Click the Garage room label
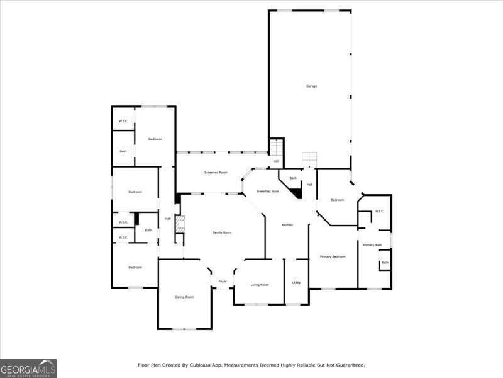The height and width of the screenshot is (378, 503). [x=311, y=86]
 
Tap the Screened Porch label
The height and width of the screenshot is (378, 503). [x=216, y=172]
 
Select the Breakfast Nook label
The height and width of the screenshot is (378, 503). [x=267, y=191]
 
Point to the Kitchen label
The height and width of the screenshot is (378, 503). [x=287, y=225]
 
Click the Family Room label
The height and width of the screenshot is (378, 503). [x=222, y=232]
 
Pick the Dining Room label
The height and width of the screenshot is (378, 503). [x=184, y=297]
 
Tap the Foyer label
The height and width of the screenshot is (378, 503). [x=223, y=281]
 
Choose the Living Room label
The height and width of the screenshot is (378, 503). [x=260, y=285]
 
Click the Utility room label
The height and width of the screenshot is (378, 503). [x=296, y=282]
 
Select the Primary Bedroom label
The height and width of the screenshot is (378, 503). [x=333, y=256]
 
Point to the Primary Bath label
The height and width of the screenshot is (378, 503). [x=372, y=244]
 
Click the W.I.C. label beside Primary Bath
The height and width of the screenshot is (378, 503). [x=379, y=211]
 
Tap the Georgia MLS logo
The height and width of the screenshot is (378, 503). [x=28, y=368]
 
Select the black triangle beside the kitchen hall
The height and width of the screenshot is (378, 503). [x=297, y=193]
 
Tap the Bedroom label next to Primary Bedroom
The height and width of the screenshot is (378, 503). [x=338, y=200]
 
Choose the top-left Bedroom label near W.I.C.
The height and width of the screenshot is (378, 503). [x=155, y=139]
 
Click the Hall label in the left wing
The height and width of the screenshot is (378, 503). [x=167, y=219]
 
